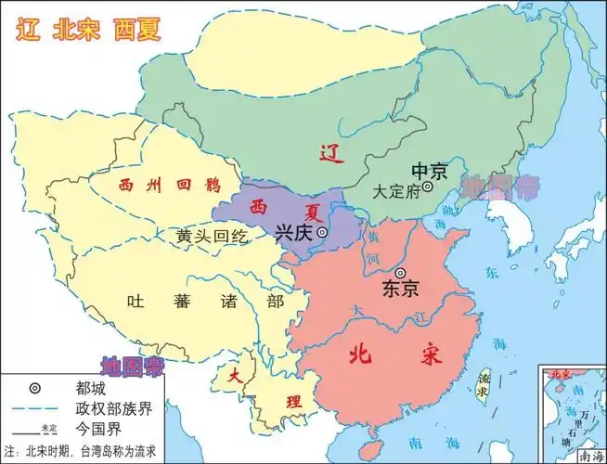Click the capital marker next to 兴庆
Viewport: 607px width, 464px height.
click(x=322, y=233)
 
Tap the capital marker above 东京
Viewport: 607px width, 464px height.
click(x=400, y=273)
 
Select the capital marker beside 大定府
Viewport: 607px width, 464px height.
click(x=427, y=187)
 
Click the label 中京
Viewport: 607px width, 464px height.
click(x=429, y=171)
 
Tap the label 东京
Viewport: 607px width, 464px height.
click(x=400, y=290)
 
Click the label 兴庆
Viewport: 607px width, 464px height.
click(x=294, y=233)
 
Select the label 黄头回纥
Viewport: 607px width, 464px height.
click(x=213, y=236)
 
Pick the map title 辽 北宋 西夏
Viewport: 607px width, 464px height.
click(x=89, y=29)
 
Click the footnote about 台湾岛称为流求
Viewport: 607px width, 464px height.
click(x=87, y=452)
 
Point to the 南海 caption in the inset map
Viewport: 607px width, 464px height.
click(x=588, y=455)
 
